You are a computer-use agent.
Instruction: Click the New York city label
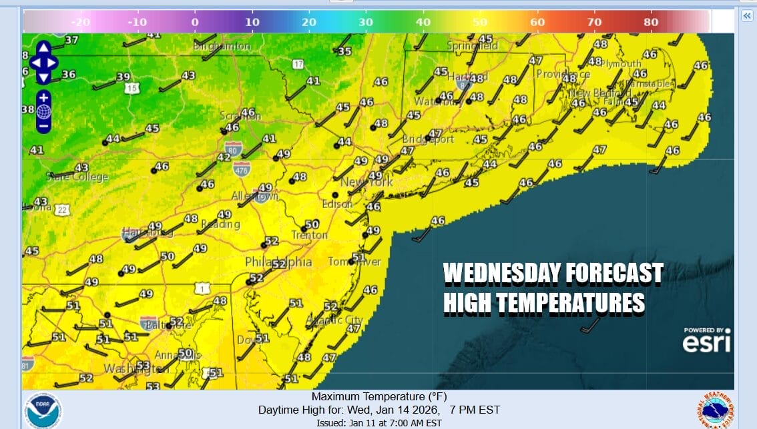tap(366, 182)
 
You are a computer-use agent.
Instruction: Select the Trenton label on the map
tap(309, 235)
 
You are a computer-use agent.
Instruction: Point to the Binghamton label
tap(222, 47)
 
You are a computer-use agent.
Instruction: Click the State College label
tap(77, 177)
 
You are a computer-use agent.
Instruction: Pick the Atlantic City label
tap(334, 321)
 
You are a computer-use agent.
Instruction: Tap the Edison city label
tap(337, 205)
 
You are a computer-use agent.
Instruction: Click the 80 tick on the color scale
tap(651, 22)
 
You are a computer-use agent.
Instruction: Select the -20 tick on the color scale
tap(80, 22)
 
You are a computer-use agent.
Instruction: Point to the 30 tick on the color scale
tap(366, 22)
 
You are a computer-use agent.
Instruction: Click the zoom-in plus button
tap(43, 97)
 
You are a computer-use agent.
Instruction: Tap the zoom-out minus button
tap(43, 125)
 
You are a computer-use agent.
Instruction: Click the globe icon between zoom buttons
tap(43, 111)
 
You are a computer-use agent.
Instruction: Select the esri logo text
tap(706, 343)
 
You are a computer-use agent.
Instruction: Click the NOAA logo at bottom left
tap(43, 410)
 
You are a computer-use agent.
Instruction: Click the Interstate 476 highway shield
tap(242, 169)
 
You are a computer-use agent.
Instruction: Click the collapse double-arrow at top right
tap(746, 15)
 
